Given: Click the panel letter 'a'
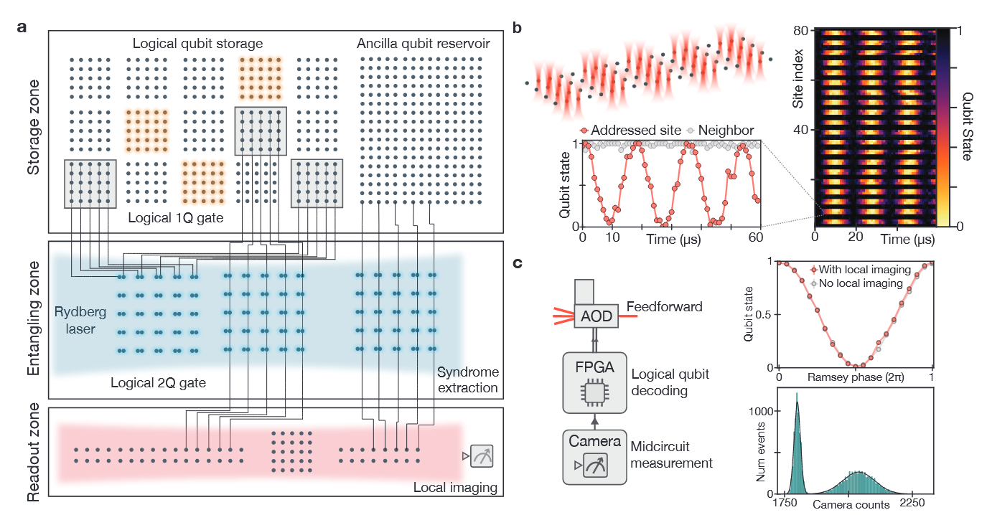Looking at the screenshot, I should [x=22, y=29].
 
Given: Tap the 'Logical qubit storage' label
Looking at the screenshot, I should [x=198, y=44].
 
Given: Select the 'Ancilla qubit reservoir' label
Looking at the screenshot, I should [x=424, y=44].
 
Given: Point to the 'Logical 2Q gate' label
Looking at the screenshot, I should [x=158, y=383].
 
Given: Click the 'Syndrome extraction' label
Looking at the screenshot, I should [x=468, y=380].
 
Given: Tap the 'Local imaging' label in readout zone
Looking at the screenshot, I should [x=455, y=488].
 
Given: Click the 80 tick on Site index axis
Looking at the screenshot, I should [x=801, y=30].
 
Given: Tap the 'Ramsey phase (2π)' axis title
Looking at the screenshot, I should [x=854, y=377].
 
